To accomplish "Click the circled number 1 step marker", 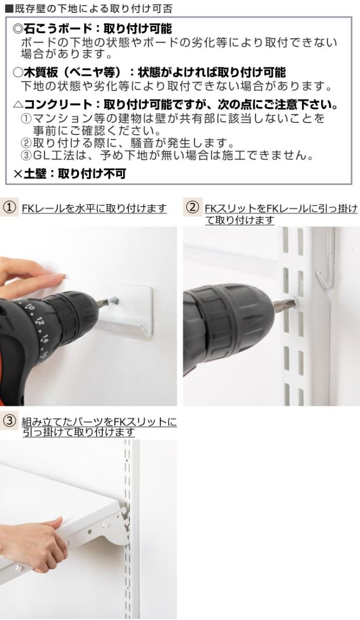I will point(10,208).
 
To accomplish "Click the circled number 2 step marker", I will point(192,208).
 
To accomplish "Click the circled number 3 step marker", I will point(10,420).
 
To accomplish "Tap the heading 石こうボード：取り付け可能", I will point(92,29).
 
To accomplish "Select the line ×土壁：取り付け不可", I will point(69,174).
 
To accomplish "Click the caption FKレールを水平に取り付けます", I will point(94,209).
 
